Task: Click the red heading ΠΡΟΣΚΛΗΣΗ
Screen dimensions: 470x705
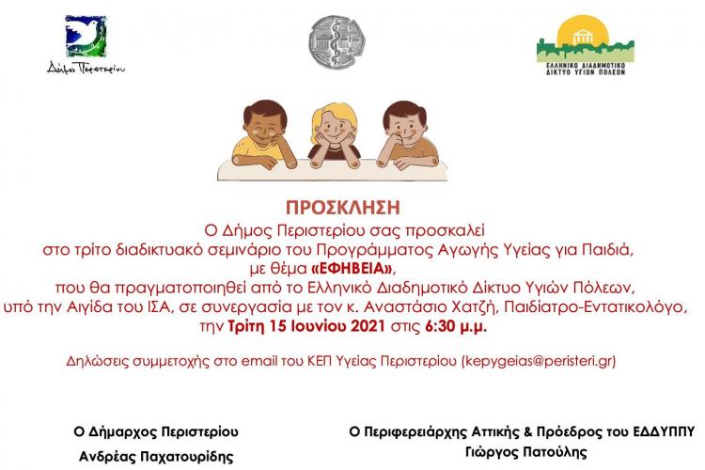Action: pyautogui.click(x=352, y=206)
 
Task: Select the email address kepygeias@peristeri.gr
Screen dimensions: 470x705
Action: pyautogui.click(x=538, y=360)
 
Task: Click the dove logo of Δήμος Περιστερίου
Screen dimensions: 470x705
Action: pyautogui.click(x=86, y=37)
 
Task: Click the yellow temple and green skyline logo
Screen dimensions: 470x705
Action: pyautogui.click(x=585, y=39)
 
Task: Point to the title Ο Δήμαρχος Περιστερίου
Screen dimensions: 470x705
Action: pyautogui.click(x=156, y=432)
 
